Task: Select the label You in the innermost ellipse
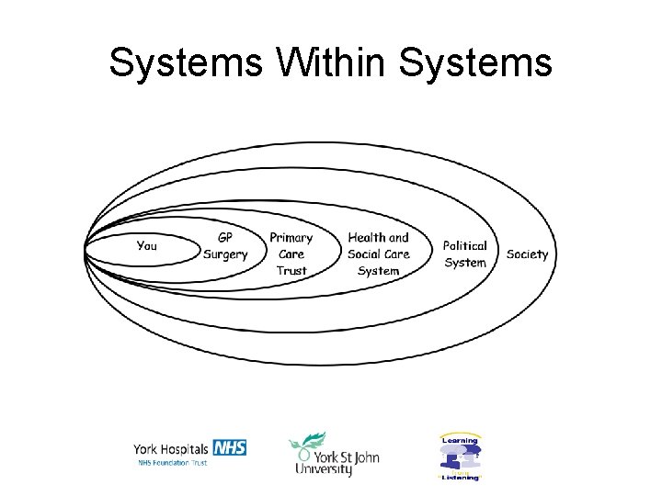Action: [147, 245]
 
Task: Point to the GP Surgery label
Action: [225, 245]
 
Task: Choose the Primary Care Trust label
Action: [291, 254]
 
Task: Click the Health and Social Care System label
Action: [379, 254]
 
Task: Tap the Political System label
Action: [465, 254]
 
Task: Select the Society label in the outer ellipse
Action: [527, 254]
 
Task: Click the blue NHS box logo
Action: [229, 448]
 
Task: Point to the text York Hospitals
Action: [172, 449]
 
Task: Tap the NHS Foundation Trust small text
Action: [173, 463]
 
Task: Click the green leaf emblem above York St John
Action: [306, 442]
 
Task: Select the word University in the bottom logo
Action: [324, 469]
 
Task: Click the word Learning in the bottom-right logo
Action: [460, 440]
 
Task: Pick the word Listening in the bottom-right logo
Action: [460, 478]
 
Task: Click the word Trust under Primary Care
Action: [291, 270]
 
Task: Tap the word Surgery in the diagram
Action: [225, 254]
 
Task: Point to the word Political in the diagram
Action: [465, 245]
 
